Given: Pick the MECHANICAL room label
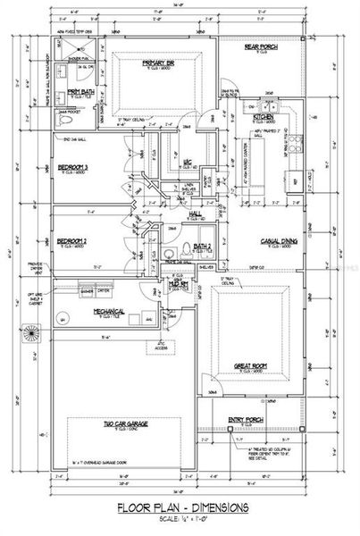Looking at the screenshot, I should (105, 312).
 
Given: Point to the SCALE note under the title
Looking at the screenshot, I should (182, 521).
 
